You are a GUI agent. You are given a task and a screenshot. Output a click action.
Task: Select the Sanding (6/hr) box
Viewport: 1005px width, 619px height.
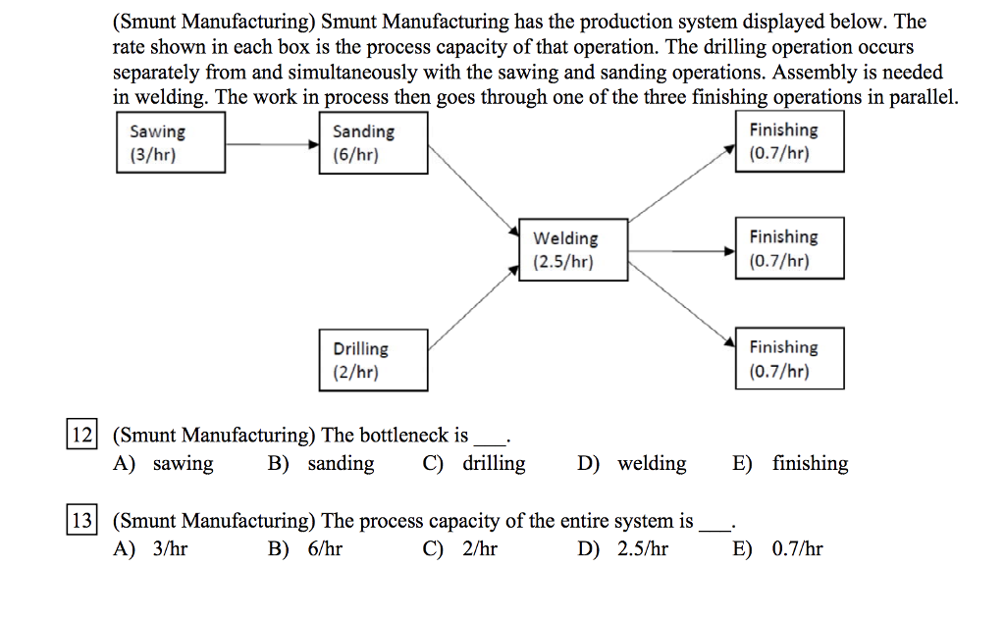[373, 144]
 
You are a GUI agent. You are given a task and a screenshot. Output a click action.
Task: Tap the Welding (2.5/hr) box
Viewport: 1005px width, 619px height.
[573, 250]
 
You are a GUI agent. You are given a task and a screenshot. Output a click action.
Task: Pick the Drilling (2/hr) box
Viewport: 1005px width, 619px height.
[373, 361]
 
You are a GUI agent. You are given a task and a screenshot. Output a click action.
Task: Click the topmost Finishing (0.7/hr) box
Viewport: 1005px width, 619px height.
[790, 142]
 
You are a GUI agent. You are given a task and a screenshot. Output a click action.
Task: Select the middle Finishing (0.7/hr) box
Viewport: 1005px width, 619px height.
[790, 249]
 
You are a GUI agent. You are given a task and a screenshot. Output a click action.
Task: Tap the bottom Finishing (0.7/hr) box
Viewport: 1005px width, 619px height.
[790, 359]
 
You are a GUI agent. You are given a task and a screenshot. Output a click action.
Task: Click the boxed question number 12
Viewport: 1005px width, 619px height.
[80, 435]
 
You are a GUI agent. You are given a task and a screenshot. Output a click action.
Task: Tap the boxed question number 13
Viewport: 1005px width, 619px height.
[80, 521]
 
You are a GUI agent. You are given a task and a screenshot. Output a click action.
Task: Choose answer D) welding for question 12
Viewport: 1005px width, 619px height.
[633, 464]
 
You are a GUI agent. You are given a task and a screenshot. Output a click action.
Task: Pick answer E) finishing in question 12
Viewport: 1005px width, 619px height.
[791, 464]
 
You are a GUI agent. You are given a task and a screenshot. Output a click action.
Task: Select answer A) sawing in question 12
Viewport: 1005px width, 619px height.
[164, 464]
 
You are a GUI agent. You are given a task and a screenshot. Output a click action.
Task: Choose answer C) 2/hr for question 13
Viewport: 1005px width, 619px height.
[460, 549]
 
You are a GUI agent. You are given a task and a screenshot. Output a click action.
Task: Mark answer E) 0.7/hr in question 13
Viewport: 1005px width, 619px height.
[778, 549]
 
